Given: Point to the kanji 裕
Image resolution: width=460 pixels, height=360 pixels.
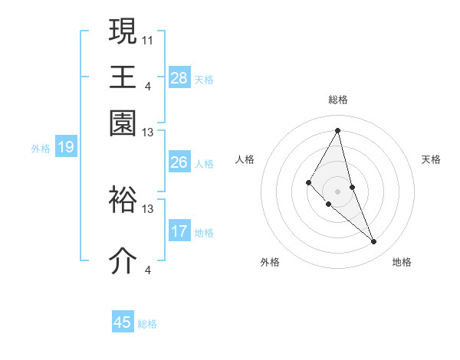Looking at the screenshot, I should click(x=123, y=200).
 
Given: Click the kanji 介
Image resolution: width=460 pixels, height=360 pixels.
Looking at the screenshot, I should click(x=123, y=260).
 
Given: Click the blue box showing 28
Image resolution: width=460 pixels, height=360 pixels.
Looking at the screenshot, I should click(x=179, y=78).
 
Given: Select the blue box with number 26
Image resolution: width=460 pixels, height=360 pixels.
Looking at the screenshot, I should click(x=179, y=162).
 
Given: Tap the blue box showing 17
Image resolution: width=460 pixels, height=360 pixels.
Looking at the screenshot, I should click(x=179, y=231).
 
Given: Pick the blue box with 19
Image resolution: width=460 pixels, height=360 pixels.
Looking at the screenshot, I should click(x=66, y=147).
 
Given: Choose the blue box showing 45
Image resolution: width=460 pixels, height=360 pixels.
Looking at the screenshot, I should click(x=123, y=322).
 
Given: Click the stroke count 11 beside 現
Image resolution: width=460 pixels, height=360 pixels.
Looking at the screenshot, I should click(x=148, y=39).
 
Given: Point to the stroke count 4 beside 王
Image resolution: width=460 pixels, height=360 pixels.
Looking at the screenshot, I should click(x=148, y=85).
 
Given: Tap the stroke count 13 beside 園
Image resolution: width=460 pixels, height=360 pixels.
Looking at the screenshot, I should click(x=148, y=133).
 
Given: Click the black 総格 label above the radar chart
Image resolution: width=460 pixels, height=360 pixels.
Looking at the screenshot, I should click(x=338, y=100).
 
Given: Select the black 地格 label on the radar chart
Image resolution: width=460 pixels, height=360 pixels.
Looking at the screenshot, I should click(x=402, y=263).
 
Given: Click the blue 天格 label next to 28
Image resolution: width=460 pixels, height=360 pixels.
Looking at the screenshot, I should click(x=204, y=79).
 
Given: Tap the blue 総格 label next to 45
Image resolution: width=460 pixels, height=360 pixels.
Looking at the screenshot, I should click(x=147, y=324).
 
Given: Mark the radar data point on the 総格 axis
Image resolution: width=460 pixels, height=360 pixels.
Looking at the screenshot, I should click(x=338, y=130).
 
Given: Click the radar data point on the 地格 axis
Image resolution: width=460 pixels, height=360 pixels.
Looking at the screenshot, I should click(x=374, y=242).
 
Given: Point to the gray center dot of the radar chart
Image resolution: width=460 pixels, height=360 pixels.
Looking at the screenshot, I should click(x=338, y=191).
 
